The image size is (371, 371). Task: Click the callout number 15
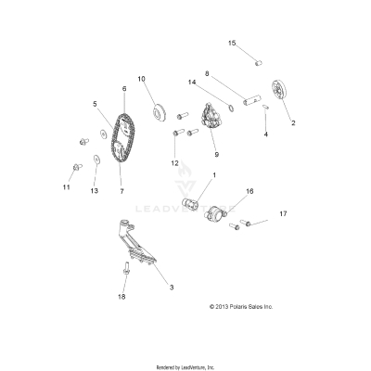tap(232, 43)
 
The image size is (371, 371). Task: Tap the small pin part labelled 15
tap(259, 63)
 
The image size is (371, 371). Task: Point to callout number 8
tap(207, 73)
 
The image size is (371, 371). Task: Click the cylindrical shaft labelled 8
tap(252, 99)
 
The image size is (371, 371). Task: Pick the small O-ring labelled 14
tap(230, 108)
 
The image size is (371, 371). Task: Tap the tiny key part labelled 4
tap(266, 107)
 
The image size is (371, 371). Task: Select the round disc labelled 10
tap(160, 113)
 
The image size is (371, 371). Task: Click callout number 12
tap(174, 163)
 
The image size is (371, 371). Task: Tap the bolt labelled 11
tap(77, 167)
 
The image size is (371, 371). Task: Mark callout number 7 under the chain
tap(122, 191)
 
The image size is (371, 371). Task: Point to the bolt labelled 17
tap(245, 222)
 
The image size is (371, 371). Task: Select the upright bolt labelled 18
tap(126, 268)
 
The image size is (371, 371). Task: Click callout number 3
tap(172, 288)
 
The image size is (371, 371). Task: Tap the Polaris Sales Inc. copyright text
tap(241, 307)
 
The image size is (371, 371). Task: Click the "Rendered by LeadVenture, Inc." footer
tap(185, 367)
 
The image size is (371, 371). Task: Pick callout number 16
tap(249, 191)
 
